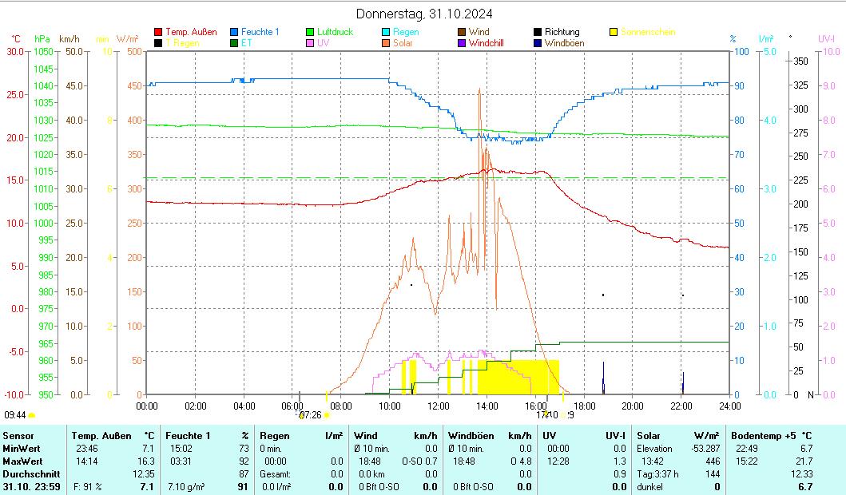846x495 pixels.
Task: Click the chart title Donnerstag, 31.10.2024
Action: click(423, 14)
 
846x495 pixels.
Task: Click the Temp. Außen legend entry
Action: click(190, 32)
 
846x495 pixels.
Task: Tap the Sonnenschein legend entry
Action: click(647, 32)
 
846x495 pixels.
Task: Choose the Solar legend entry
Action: click(403, 43)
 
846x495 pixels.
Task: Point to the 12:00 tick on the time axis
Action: click(438, 406)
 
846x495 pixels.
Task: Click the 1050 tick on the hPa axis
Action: click(44, 52)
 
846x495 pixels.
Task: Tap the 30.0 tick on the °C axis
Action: click(14, 52)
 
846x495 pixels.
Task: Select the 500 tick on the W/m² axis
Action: click(134, 52)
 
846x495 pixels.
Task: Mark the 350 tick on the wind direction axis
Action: click(801, 61)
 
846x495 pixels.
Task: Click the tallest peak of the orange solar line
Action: click(479, 89)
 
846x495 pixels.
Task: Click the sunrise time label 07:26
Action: click(310, 415)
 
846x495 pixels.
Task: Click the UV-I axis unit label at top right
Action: click(826, 38)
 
